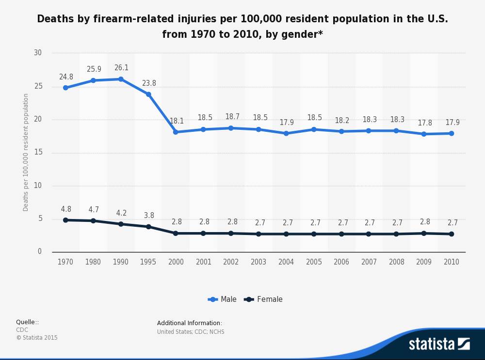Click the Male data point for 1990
pyautogui.click(x=121, y=79)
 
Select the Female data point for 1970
pyautogui.click(x=65, y=220)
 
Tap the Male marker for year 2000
pyautogui.click(x=176, y=132)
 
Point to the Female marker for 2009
pyautogui.click(x=424, y=233)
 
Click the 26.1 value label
pyautogui.click(x=121, y=68)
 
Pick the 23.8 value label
pyautogui.click(x=149, y=83)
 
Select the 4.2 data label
pyautogui.click(x=121, y=213)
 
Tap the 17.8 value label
pyautogui.click(x=424, y=123)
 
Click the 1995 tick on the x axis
pyautogui.click(x=148, y=262)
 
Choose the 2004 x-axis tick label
pyautogui.click(x=286, y=262)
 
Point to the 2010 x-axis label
pyautogui.click(x=452, y=262)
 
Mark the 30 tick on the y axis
pyautogui.click(x=38, y=53)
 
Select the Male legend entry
pyautogui.click(x=223, y=299)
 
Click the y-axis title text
pyautogui.click(x=26, y=152)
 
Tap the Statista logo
pyautogui.click(x=439, y=344)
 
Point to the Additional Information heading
pyautogui.click(x=189, y=323)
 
